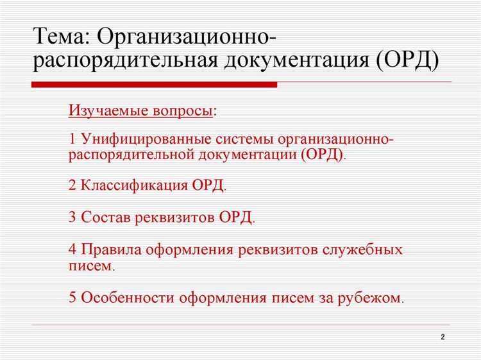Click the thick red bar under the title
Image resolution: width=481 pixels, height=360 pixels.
[x=155, y=84]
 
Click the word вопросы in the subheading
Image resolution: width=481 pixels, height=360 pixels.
[x=182, y=111]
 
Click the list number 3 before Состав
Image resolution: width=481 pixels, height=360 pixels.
[x=72, y=217]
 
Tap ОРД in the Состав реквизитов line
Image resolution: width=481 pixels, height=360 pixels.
[x=235, y=217]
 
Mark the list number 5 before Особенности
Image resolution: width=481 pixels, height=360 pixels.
[x=72, y=298]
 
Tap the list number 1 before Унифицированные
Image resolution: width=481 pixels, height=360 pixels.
[x=72, y=139]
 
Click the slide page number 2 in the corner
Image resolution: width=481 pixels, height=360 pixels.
[x=443, y=338]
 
